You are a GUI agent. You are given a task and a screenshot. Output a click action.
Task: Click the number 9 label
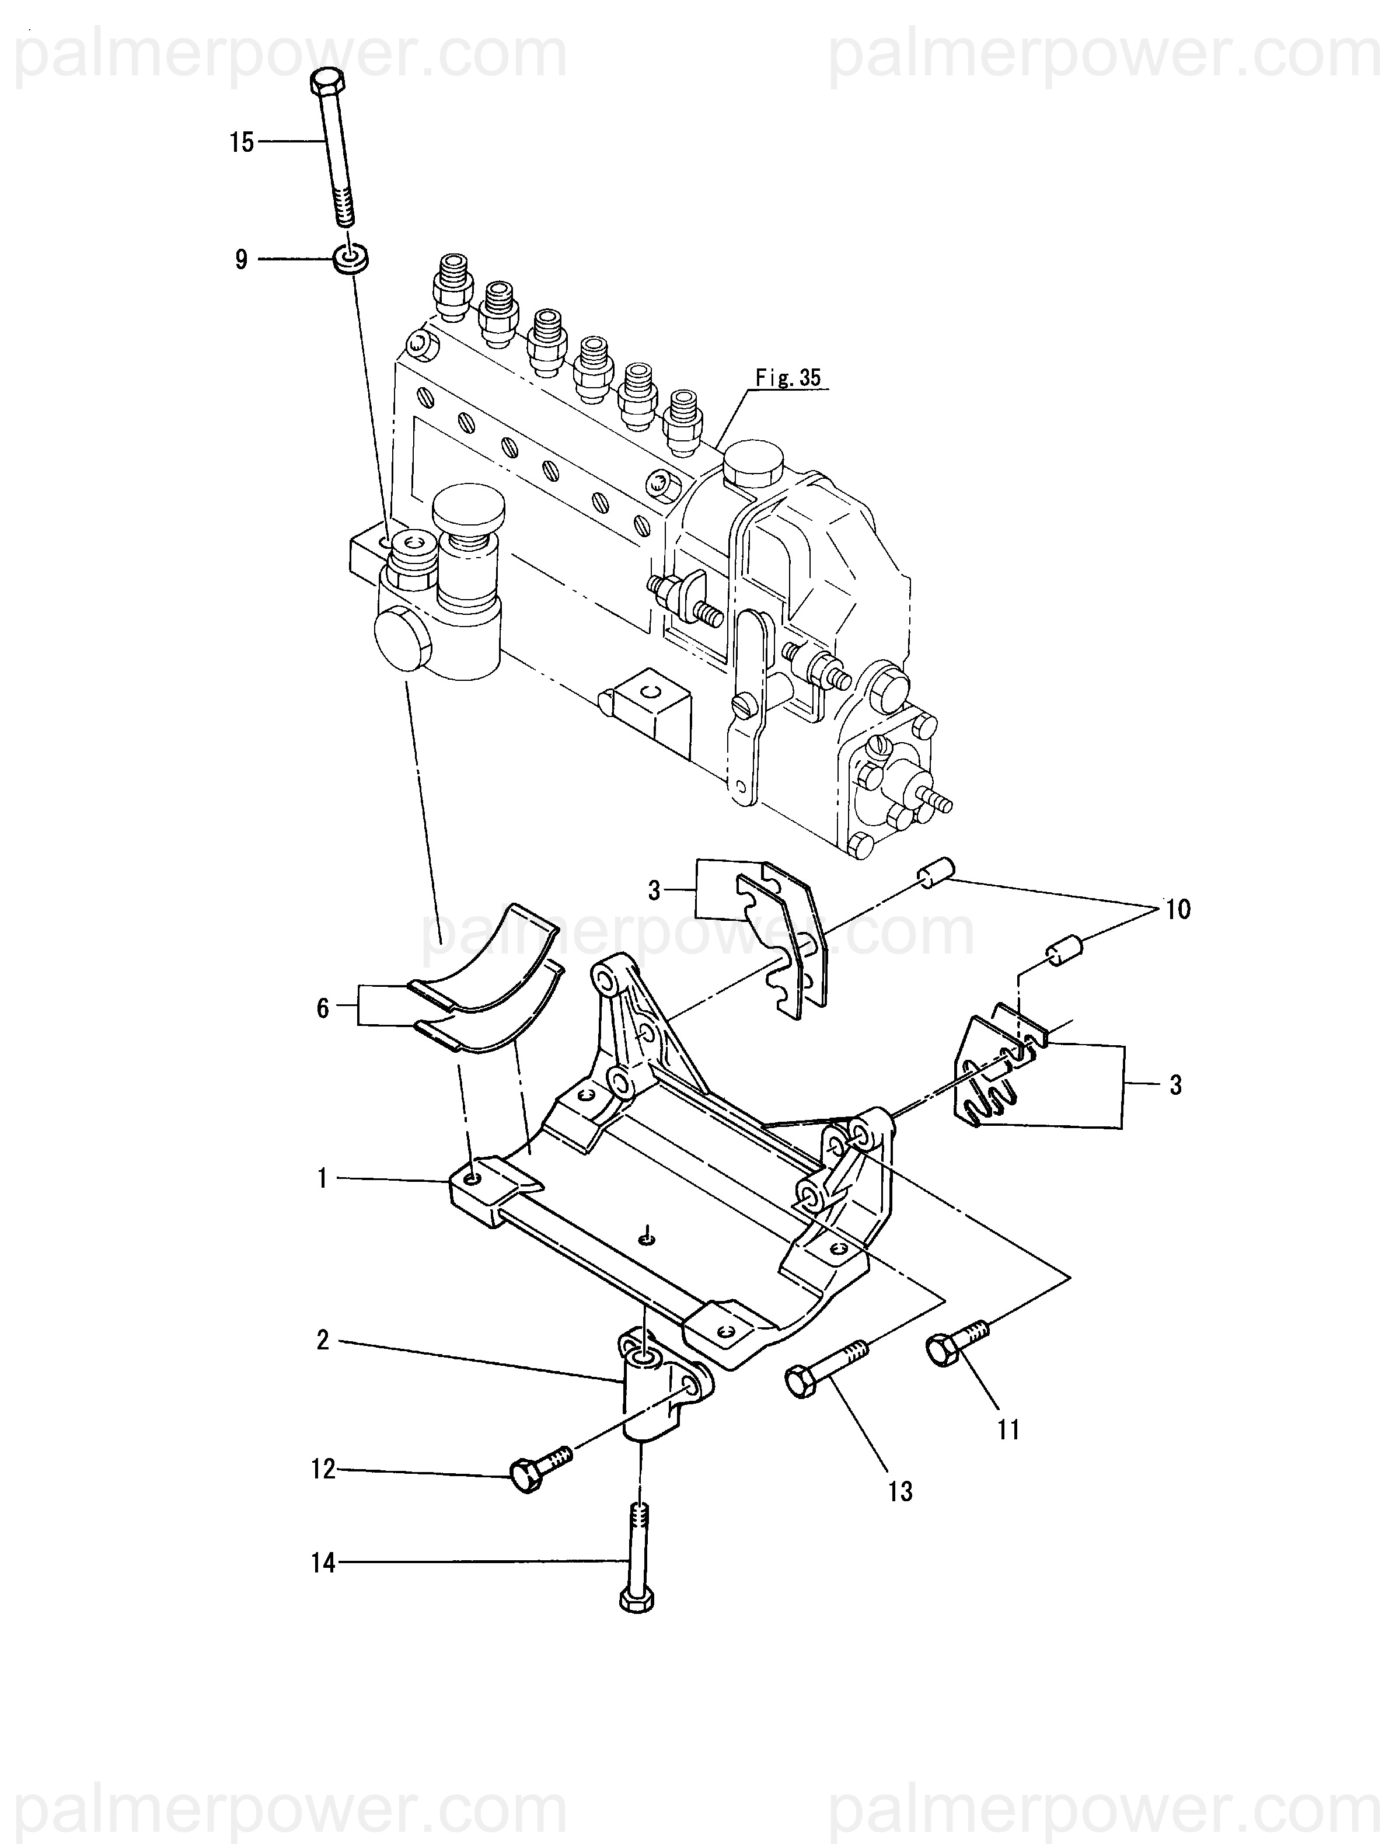(242, 259)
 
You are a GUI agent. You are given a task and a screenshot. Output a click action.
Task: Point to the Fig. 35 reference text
(788, 378)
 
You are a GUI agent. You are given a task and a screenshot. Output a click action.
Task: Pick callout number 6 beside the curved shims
(323, 1008)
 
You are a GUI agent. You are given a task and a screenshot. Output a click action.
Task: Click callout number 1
(323, 1179)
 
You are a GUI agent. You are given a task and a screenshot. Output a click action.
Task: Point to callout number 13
(900, 1491)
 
